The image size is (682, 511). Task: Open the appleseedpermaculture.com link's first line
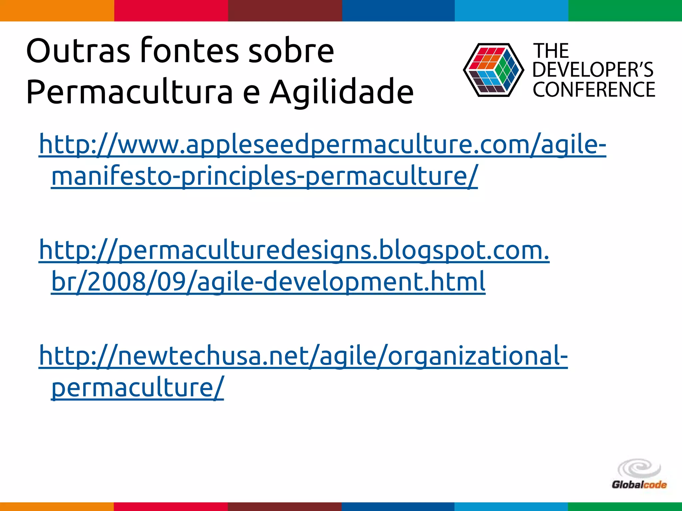click(322, 144)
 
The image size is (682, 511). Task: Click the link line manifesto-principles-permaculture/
click(264, 176)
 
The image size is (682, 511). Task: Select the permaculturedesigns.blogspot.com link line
click(294, 250)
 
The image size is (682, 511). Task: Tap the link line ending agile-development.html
click(268, 281)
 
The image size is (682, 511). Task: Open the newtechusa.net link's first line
click(303, 356)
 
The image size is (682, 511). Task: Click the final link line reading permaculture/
click(138, 387)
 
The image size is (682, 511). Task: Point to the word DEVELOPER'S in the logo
click(593, 70)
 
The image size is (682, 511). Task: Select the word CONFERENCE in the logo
click(594, 89)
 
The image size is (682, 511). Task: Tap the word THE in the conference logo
click(551, 51)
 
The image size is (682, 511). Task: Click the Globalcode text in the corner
click(639, 485)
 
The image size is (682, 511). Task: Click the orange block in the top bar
click(57, 11)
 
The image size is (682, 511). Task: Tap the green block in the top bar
click(625, 11)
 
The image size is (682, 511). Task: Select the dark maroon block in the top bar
click(285, 11)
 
